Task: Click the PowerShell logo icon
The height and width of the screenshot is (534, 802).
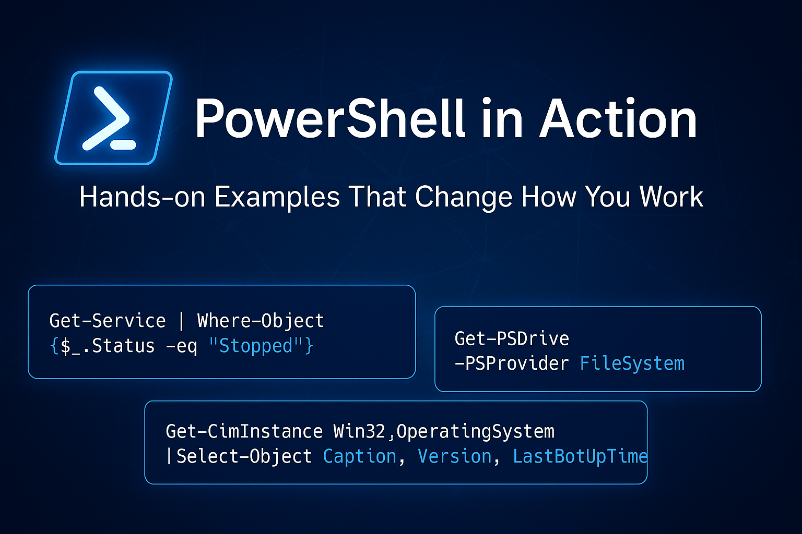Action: click(113, 118)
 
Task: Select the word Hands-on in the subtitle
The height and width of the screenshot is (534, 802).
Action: click(142, 197)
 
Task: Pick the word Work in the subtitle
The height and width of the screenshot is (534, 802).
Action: click(671, 197)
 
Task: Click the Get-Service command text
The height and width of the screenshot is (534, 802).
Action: click(108, 321)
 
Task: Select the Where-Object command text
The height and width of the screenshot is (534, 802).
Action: click(261, 321)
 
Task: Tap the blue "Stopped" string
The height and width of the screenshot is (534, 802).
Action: click(256, 346)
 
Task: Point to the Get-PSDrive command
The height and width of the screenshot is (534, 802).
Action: click(512, 339)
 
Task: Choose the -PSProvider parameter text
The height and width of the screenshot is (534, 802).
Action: click(512, 363)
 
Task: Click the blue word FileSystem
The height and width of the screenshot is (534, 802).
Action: click(632, 363)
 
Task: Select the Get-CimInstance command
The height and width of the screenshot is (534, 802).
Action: click(244, 432)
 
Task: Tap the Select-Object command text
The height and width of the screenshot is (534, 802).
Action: click(244, 457)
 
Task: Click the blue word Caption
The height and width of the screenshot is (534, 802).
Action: click(360, 457)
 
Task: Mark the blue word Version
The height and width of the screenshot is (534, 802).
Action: click(455, 457)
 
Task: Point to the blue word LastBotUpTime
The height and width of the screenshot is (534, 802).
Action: click(580, 457)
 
